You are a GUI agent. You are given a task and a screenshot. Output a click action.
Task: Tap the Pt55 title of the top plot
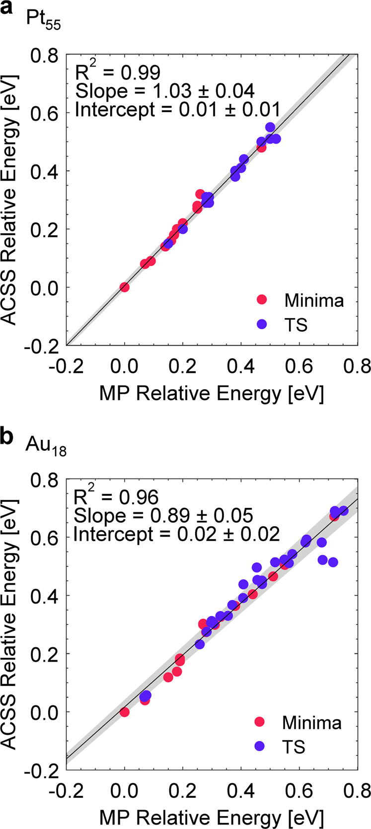[43, 21]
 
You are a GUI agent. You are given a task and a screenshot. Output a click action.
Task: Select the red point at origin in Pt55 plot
[124, 287]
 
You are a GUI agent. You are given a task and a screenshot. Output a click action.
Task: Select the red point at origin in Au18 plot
[124, 712]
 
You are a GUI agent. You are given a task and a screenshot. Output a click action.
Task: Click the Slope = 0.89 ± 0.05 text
[163, 516]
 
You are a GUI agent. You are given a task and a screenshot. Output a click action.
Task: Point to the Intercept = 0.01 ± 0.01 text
[177, 109]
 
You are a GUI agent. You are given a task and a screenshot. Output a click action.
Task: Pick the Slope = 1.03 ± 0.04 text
[164, 91]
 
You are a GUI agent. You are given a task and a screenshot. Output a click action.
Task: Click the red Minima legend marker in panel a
[262, 300]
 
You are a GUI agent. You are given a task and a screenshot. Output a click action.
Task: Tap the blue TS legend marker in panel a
[262, 324]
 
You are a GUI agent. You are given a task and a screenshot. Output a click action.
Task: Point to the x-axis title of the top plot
[212, 394]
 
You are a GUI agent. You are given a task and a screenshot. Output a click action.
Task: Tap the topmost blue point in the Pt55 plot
[270, 127]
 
